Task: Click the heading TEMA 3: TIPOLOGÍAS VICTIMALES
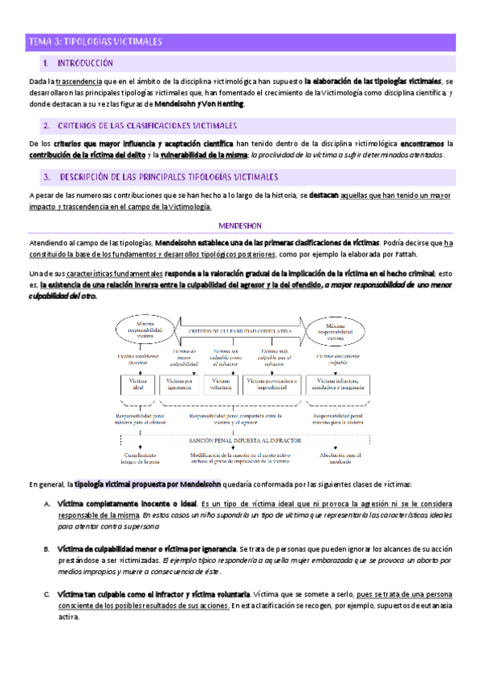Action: (96, 41)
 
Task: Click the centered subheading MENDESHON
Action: (240, 226)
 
